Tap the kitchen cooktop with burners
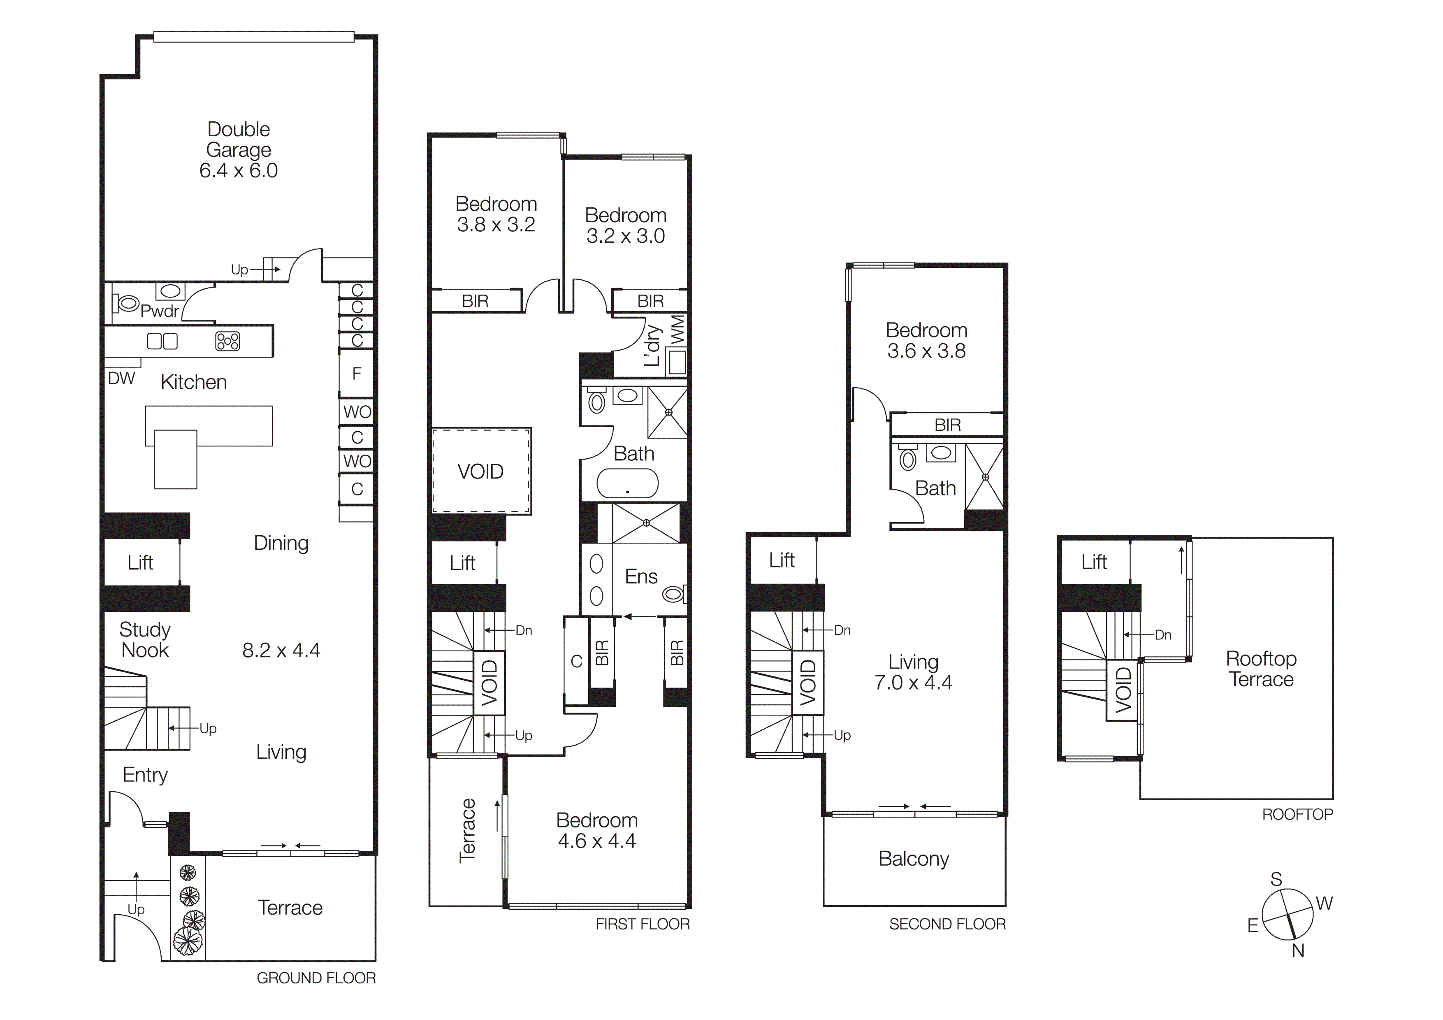point(227,341)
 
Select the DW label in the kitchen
point(121,379)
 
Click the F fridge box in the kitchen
point(356,374)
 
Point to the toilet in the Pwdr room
point(128,304)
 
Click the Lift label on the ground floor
point(140,562)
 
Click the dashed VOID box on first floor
point(481,472)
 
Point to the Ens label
point(641,576)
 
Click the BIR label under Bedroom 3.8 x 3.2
point(475,301)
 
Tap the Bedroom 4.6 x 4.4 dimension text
point(596,841)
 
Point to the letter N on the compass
point(1298,952)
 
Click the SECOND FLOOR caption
point(947,924)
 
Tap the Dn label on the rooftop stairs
point(1163,635)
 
